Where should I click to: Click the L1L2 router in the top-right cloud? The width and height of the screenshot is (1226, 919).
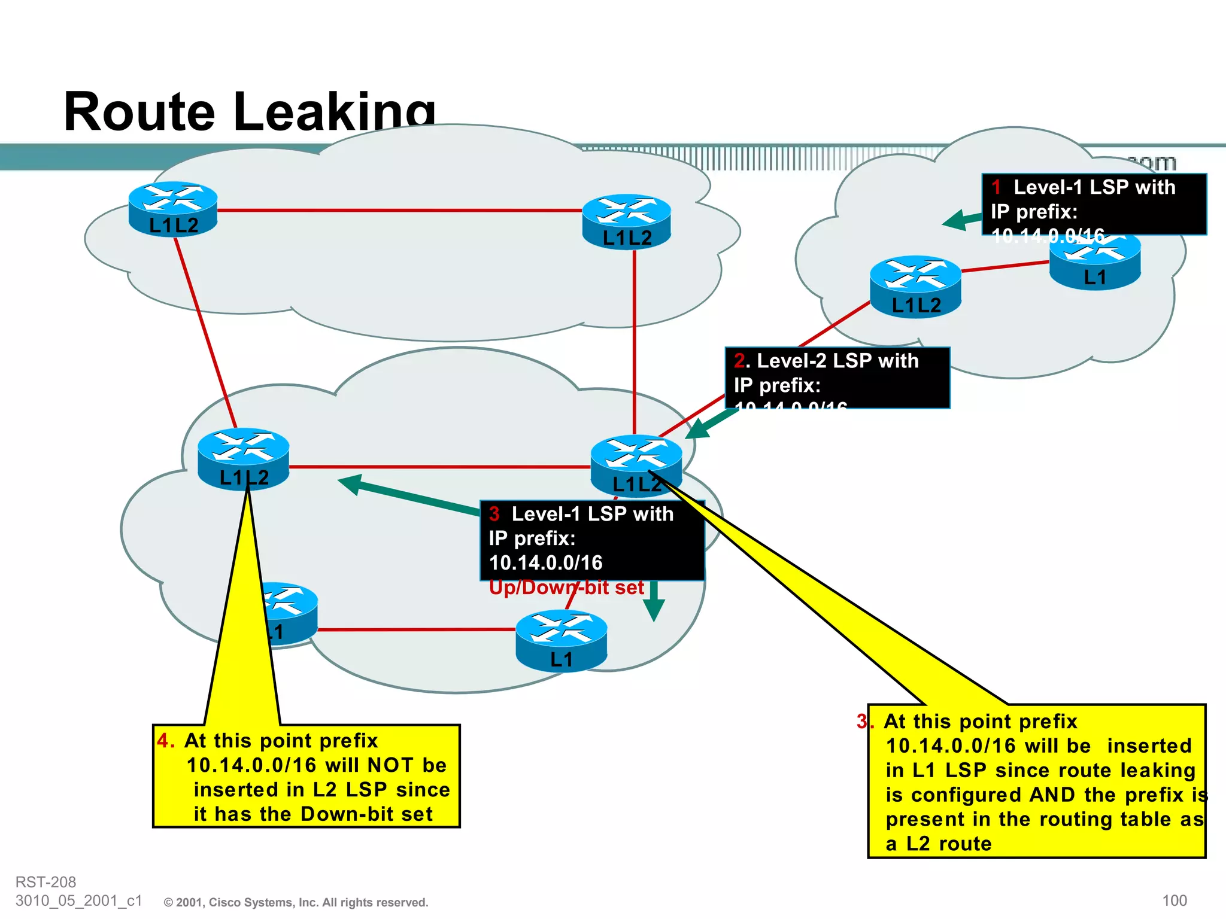915,286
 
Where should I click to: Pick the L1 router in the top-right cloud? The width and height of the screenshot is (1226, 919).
1095,264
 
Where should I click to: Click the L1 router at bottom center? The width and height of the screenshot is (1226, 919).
561,640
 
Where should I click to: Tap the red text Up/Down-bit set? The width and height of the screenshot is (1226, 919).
566,588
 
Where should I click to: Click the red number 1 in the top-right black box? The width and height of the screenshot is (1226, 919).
996,187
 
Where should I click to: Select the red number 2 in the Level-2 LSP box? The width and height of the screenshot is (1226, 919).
740,361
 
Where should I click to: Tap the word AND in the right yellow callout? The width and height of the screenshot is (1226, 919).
1052,795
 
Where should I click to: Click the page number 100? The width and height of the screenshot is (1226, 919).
1174,900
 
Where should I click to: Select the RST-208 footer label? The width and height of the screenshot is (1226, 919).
45,882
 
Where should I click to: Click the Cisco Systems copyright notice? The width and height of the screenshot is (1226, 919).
296,902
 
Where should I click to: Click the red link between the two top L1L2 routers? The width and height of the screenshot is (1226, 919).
400,211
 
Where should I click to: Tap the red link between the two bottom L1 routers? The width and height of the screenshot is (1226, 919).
416,629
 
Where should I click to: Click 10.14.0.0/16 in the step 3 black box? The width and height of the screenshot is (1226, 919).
545,563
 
